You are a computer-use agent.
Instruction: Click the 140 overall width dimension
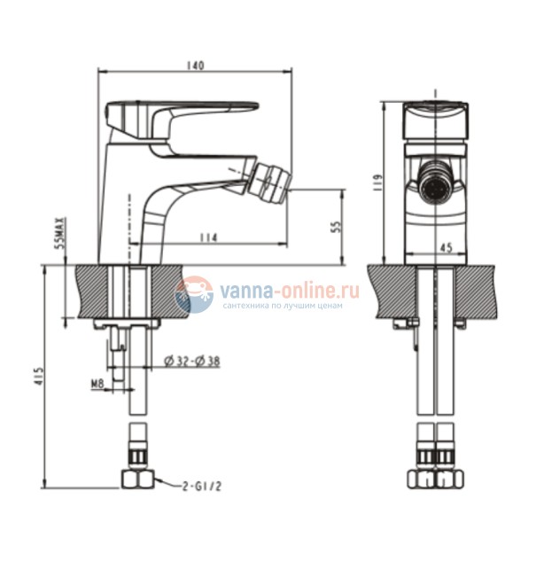pos(197,65)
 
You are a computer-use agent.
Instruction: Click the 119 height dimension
pos(377,183)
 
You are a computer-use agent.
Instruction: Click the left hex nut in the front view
pos(423,479)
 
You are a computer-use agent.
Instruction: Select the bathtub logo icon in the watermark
pos(194,295)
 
